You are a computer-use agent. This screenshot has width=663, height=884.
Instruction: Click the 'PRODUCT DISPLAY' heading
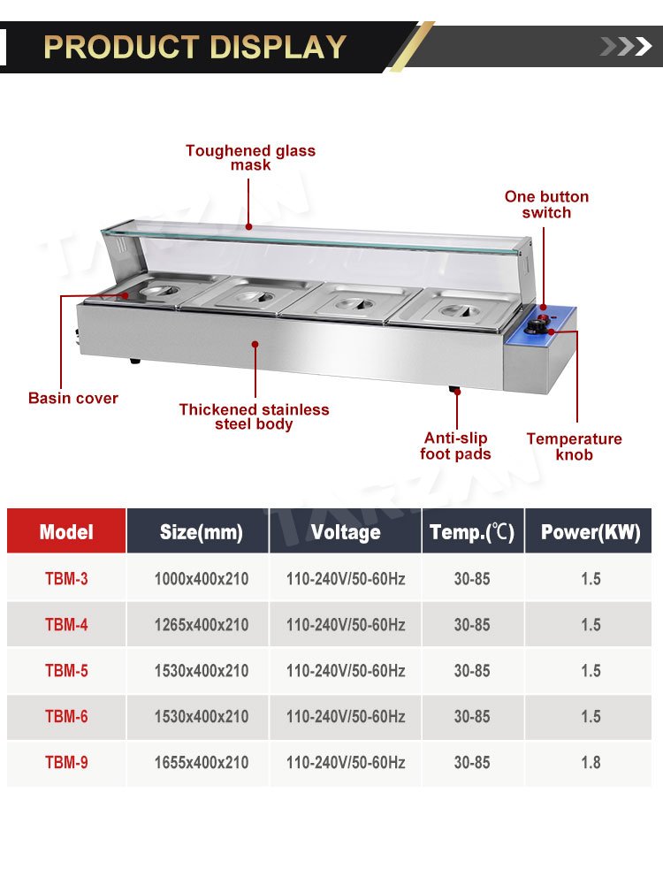194,47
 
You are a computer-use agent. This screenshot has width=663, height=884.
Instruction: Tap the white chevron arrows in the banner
626,46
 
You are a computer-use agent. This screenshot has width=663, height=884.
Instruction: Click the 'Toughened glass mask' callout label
250,158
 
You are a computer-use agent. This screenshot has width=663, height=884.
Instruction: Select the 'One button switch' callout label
546,205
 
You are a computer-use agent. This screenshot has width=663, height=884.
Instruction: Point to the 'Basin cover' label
73,398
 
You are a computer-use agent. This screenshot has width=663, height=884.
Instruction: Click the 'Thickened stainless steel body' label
255,416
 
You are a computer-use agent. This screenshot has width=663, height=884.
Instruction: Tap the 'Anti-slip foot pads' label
455,446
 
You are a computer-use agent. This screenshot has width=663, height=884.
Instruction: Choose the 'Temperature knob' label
574,446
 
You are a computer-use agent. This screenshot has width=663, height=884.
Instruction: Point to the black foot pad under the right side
454,389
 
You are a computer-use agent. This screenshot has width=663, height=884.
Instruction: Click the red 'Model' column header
66,531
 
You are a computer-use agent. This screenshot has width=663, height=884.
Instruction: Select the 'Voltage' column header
346,531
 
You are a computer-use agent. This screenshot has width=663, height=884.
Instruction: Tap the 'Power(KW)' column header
590,531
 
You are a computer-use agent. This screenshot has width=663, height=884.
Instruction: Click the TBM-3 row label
66,579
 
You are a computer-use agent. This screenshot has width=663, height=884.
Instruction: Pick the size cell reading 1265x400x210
202,625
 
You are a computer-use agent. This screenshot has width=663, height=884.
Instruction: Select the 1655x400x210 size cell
202,763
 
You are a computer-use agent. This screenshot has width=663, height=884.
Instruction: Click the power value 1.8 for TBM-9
591,763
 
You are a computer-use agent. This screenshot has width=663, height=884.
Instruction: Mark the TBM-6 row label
66,717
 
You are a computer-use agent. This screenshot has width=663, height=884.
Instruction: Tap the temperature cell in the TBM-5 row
472,671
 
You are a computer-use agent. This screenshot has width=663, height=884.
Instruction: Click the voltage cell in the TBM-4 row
346,625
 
